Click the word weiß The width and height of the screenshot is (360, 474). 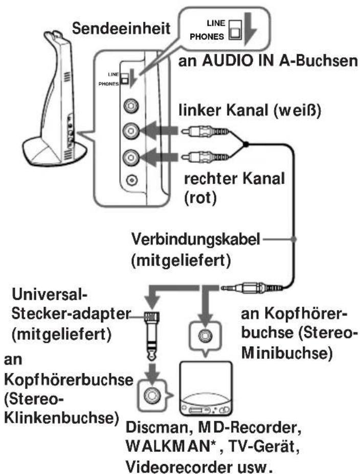[306, 110]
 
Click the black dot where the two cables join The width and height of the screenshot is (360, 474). [246, 145]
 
